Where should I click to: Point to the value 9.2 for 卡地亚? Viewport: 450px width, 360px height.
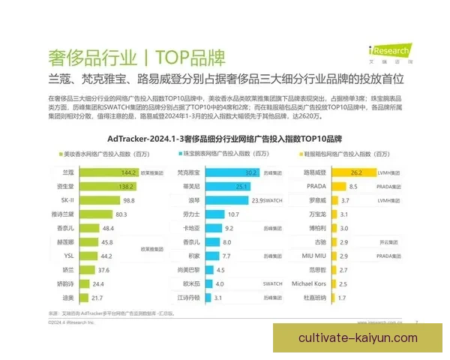tap(230, 228)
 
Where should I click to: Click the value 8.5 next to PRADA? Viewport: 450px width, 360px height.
tap(333, 185)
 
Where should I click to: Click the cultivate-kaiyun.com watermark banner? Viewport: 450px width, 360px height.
tap(358, 337)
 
